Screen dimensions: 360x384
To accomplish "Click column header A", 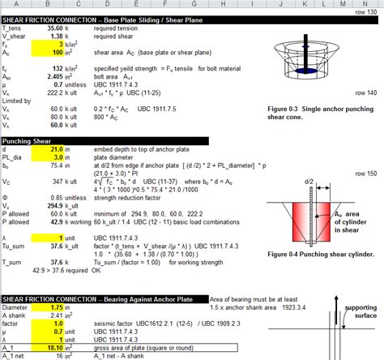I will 17,4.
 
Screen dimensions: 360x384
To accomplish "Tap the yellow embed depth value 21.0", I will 53,150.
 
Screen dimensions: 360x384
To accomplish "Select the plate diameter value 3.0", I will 54,159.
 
